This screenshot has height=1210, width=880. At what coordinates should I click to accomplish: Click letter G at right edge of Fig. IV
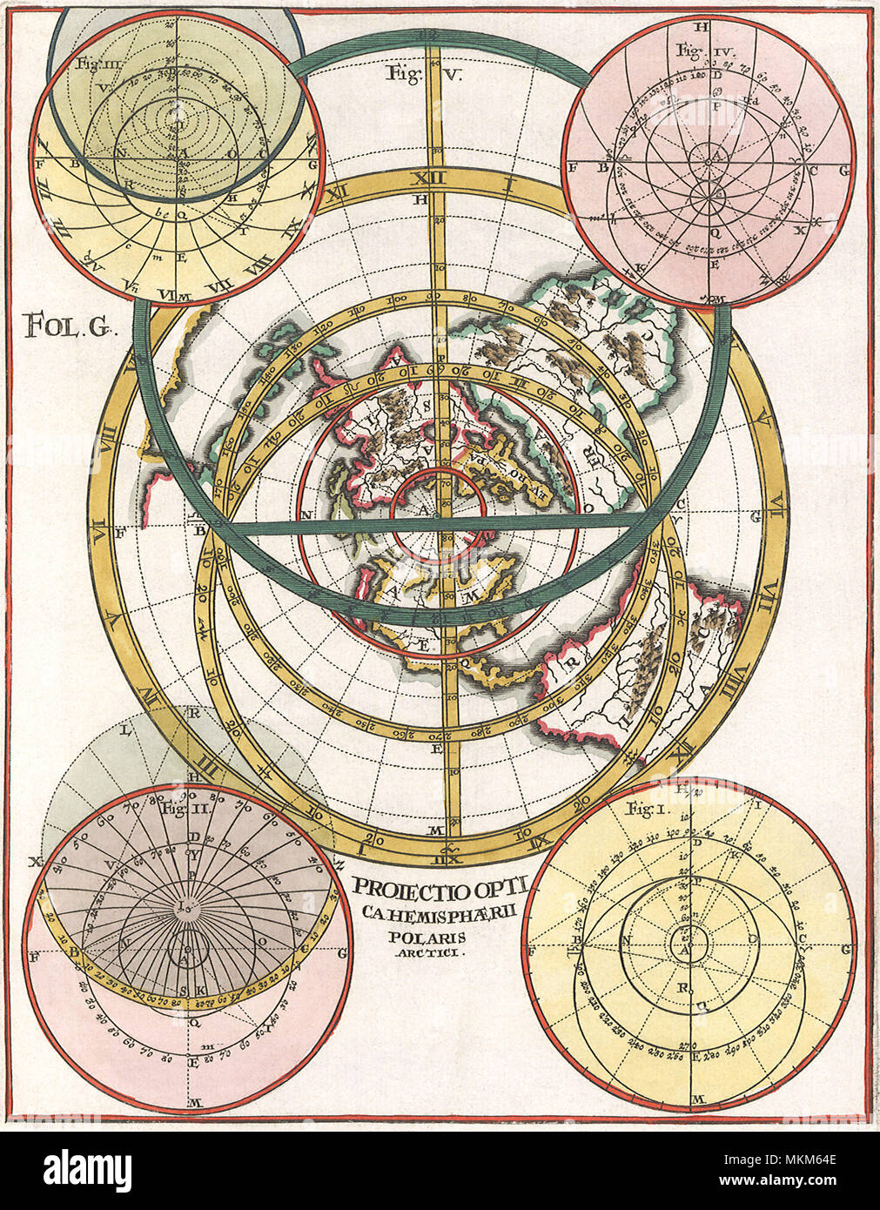tap(843, 171)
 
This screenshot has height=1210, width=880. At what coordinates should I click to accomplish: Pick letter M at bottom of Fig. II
tap(197, 1103)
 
